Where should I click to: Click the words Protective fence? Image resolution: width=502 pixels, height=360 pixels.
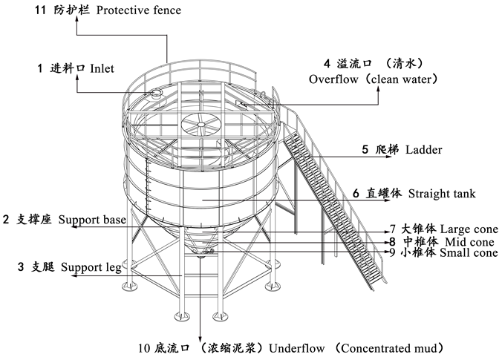[139, 10]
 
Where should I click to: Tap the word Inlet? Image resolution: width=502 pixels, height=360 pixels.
[102, 68]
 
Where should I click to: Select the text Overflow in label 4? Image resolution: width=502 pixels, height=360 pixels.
[333, 79]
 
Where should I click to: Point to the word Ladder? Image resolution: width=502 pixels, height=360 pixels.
[423, 149]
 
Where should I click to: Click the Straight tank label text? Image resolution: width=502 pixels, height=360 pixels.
[442, 194]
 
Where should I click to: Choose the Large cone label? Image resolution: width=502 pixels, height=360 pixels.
[469, 229]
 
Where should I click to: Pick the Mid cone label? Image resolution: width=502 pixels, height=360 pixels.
[469, 241]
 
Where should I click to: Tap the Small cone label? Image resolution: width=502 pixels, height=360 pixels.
[469, 252]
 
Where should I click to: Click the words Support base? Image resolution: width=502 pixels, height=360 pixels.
[92, 220]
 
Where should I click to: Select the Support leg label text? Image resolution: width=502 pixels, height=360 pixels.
[91, 267]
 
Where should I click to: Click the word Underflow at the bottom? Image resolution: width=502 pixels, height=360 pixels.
[296, 348]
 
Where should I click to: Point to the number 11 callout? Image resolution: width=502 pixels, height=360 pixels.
[40, 10]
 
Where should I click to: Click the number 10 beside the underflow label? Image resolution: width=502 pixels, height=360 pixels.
[144, 348]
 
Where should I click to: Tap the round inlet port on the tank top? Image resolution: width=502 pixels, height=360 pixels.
[157, 93]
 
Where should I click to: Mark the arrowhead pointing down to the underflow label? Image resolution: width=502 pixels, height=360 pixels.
[200, 339]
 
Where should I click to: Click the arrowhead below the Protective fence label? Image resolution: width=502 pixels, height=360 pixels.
[76, 19]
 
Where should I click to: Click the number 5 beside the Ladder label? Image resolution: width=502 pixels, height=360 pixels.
[365, 149]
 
